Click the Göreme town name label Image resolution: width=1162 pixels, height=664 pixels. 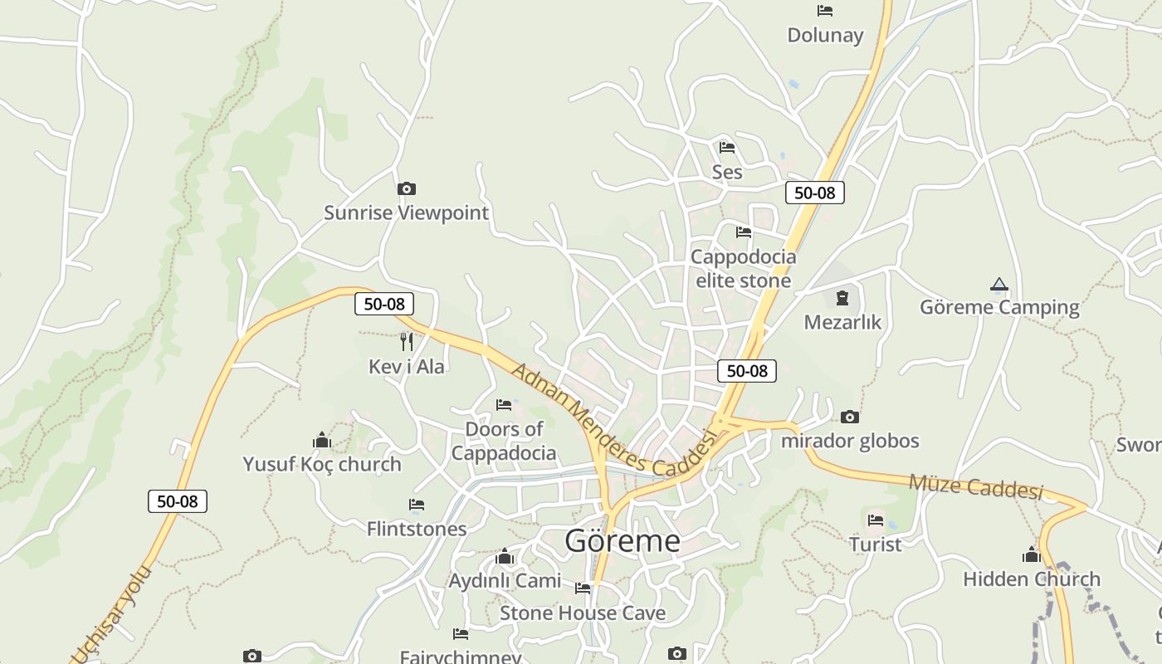[622, 541]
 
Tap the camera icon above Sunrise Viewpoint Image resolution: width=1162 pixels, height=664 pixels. [406, 189]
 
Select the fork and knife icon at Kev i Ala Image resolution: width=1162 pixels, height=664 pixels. [406, 341]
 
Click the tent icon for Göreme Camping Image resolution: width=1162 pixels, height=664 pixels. [999, 285]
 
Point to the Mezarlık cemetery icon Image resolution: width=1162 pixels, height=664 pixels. [842, 297]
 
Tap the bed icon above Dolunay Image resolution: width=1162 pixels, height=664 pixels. [825, 11]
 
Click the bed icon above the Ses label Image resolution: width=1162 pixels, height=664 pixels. [727, 148]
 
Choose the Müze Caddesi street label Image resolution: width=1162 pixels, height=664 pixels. [975, 487]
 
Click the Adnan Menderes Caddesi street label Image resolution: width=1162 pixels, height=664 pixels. [613, 421]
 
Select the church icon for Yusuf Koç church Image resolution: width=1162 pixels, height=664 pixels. [322, 439]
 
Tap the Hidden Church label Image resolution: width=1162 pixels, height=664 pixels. [1032, 579]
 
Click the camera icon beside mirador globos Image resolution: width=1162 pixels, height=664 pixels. [849, 417]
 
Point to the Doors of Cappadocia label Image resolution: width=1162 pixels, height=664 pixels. [504, 441]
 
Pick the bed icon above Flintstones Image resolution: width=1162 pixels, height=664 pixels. [417, 505]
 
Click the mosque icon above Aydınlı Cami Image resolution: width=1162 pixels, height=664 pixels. [505, 556]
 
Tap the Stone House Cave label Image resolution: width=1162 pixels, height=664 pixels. [583, 613]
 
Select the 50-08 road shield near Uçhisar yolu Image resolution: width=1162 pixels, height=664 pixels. [177, 501]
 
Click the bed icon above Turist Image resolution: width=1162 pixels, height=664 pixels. [876, 520]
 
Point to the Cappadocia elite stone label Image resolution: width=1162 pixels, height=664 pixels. [744, 268]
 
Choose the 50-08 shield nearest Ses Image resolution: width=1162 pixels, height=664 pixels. [814, 193]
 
